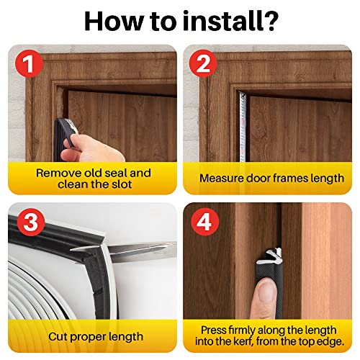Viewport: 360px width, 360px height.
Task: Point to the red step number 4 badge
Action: tap(204, 222)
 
